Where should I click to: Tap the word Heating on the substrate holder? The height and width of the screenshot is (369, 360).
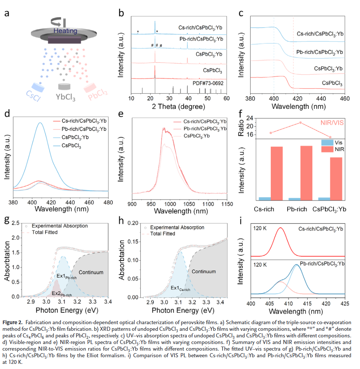(65, 31)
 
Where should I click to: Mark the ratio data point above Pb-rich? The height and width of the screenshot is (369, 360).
(300, 122)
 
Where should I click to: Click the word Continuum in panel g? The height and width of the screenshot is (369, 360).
(91, 272)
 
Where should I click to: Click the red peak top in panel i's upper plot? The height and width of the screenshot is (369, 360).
(281, 228)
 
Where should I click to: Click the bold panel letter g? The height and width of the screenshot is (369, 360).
(6, 221)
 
